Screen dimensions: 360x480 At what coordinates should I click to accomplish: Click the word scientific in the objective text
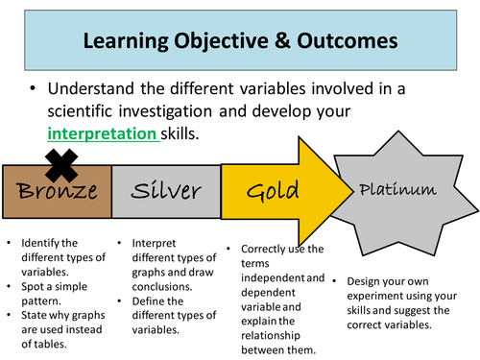(85, 111)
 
